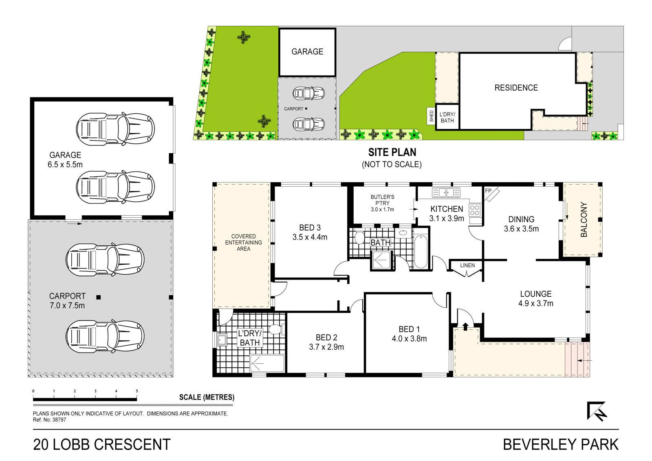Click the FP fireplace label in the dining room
point(488,191)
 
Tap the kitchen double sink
point(446,192)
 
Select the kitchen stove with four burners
point(474,210)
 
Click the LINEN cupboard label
point(467,265)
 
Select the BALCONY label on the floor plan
point(584,219)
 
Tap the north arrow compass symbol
point(597,411)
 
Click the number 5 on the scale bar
point(137,391)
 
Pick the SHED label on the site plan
point(432,116)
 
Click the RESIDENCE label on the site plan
point(516,88)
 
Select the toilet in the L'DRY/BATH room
point(275,330)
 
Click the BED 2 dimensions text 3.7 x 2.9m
point(326,347)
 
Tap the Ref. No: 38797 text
point(49,420)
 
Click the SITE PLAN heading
point(392,152)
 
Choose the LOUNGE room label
point(536,293)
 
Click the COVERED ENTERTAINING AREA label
point(243,242)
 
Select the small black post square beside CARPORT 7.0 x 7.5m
point(98,297)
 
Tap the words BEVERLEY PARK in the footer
point(561,444)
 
